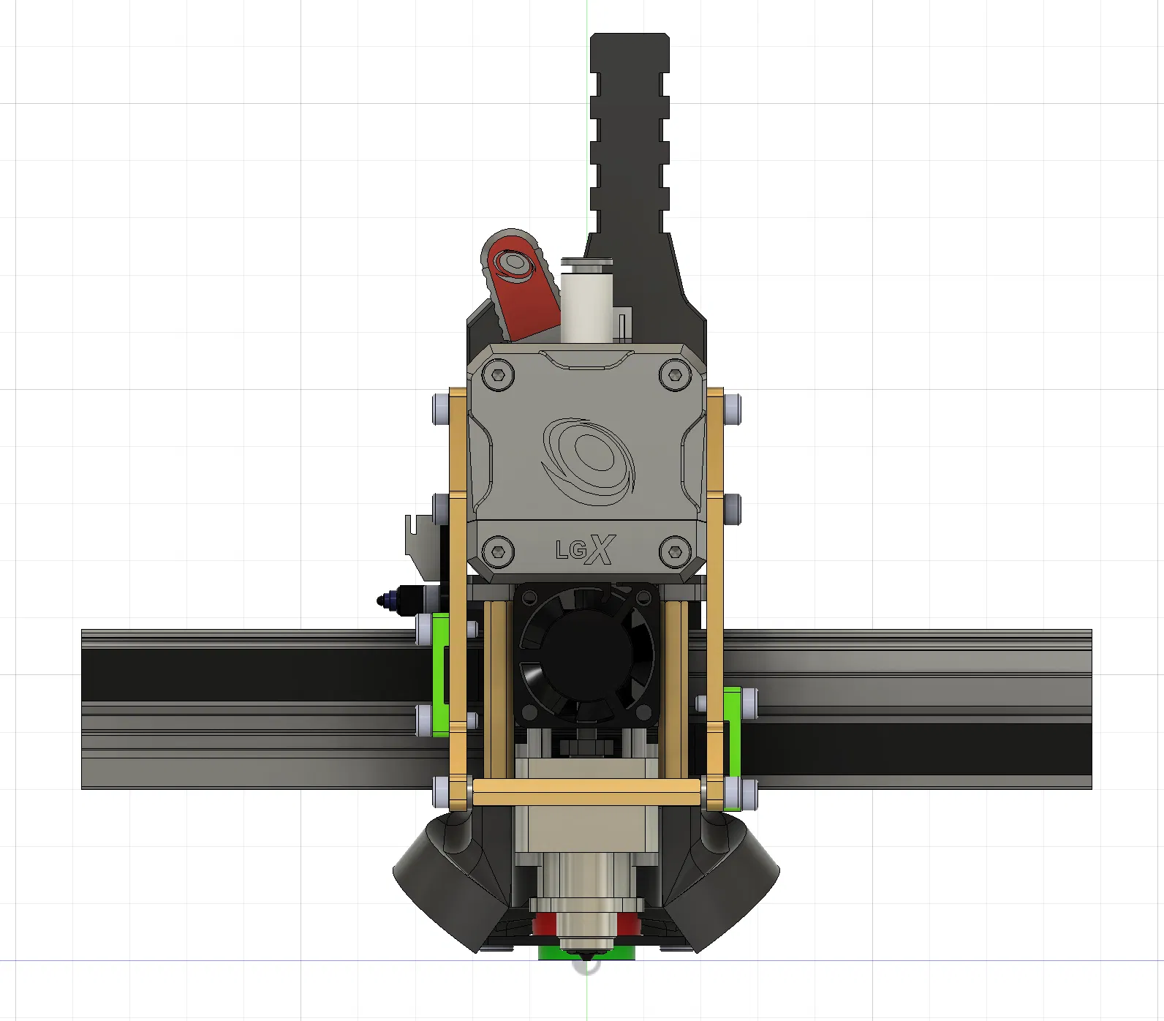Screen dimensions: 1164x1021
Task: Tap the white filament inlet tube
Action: pyautogui.click(x=586, y=300)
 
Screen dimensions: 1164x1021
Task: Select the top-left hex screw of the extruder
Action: pyautogui.click(x=499, y=374)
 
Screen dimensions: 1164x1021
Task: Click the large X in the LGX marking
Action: pyautogui.click(x=601, y=549)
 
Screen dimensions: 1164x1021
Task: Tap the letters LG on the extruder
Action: pyautogui.click(x=570, y=550)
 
